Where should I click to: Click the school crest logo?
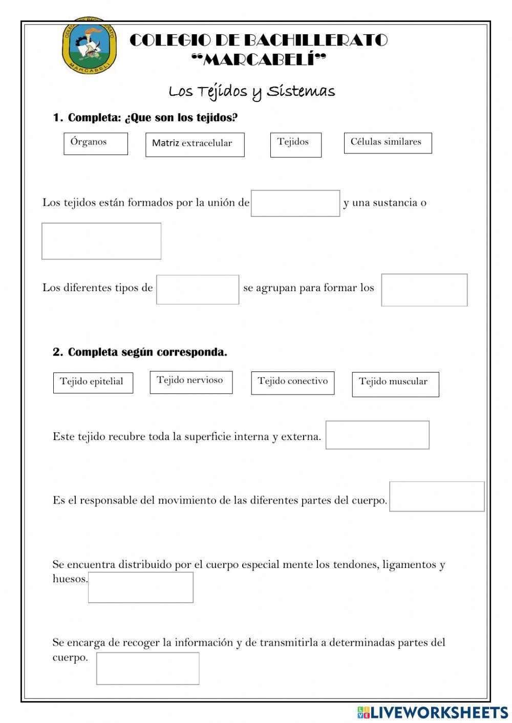pos(90,46)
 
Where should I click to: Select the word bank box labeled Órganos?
pos(96,143)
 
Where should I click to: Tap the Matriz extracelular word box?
pos(195,145)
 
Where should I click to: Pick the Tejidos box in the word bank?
pos(295,145)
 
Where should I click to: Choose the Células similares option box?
pos(388,143)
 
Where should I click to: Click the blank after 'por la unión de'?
pos(295,203)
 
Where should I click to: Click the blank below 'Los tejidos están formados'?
pos(101,241)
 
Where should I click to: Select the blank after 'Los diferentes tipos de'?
pos(198,290)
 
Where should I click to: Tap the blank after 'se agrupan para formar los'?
pos(424,290)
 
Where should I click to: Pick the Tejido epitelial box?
pos(93,382)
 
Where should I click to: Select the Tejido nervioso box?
pos(191,382)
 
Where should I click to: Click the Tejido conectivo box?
pos(292,383)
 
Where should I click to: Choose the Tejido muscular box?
pos(395,384)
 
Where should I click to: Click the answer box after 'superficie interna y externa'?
pos(377,435)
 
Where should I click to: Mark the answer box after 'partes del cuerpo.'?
pos(437,496)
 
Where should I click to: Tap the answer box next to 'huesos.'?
pos(141,587)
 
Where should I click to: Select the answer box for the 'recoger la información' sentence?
pos(147,668)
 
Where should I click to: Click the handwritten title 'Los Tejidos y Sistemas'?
pos(252,92)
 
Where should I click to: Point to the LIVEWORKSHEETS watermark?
pos(433,712)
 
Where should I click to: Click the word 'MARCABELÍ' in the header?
pos(259,60)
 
